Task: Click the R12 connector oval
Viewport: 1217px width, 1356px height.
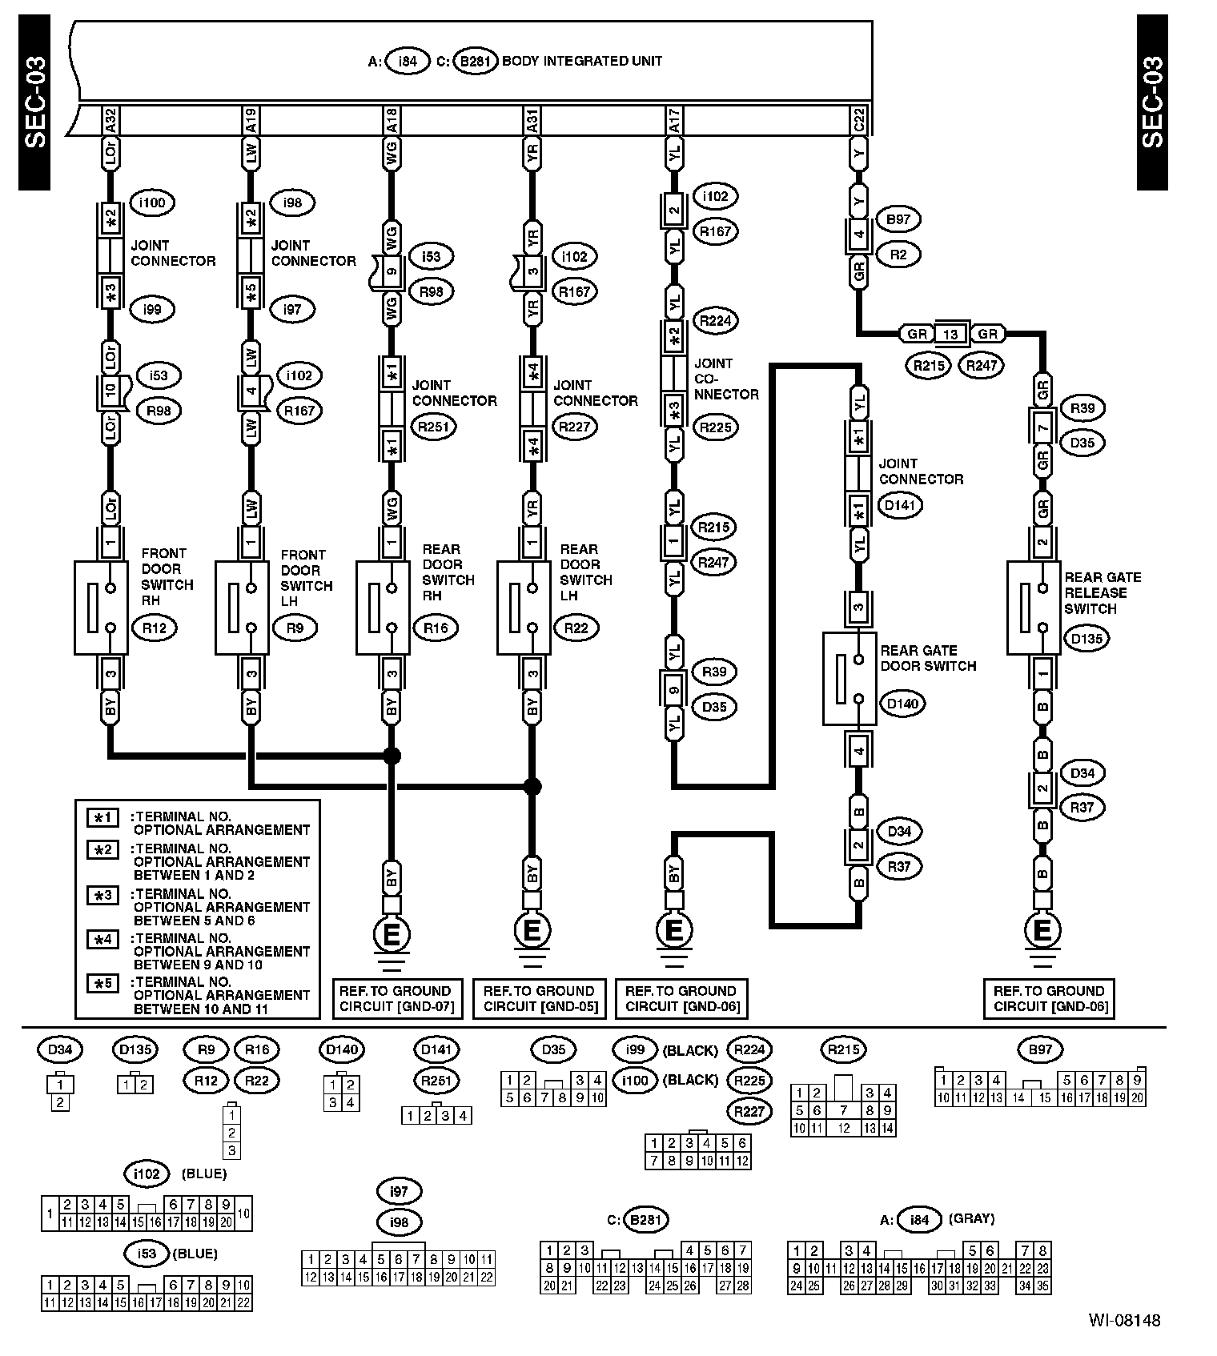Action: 154,628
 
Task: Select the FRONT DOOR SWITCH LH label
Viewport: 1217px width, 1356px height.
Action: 306,577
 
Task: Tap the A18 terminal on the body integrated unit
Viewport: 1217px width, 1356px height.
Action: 392,121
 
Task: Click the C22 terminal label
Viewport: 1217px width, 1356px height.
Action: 859,121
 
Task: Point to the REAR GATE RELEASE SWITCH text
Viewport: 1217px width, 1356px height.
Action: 1102,592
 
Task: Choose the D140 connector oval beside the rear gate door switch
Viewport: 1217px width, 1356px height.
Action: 902,704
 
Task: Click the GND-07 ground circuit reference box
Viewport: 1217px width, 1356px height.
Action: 396,998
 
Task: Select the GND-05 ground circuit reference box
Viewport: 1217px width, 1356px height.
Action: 539,998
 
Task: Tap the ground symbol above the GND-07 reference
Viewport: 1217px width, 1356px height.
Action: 392,933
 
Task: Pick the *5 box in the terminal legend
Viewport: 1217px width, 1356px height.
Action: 103,982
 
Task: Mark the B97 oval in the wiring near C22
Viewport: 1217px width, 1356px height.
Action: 898,219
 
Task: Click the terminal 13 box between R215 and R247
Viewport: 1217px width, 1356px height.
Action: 950,334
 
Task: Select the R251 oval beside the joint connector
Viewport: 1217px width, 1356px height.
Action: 434,427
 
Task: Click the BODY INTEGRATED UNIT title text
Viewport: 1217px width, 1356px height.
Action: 581,61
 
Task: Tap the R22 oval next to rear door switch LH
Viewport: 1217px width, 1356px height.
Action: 576,628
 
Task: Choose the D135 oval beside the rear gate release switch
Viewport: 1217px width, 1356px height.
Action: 1086,639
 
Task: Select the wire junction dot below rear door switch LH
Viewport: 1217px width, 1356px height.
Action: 532,787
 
